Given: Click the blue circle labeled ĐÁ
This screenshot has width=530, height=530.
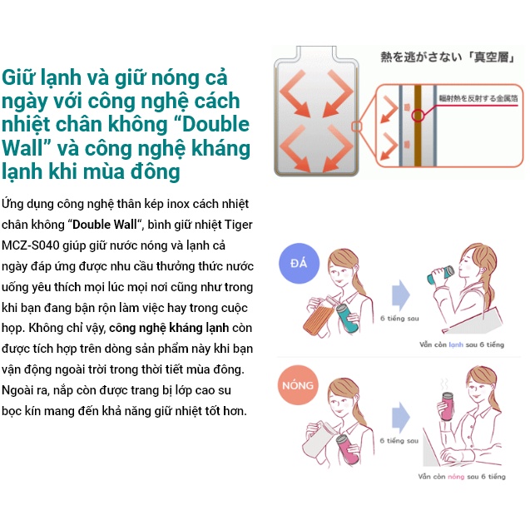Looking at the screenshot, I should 298,265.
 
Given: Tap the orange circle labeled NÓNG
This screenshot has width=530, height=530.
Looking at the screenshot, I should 298,385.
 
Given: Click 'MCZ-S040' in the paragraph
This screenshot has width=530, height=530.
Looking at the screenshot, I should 27,245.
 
